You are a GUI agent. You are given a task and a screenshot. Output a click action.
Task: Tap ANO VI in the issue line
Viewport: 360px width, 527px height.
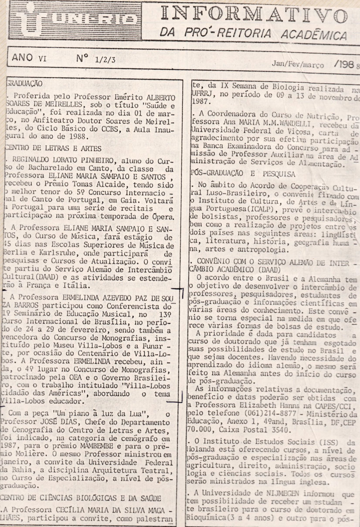[x=29, y=57]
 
